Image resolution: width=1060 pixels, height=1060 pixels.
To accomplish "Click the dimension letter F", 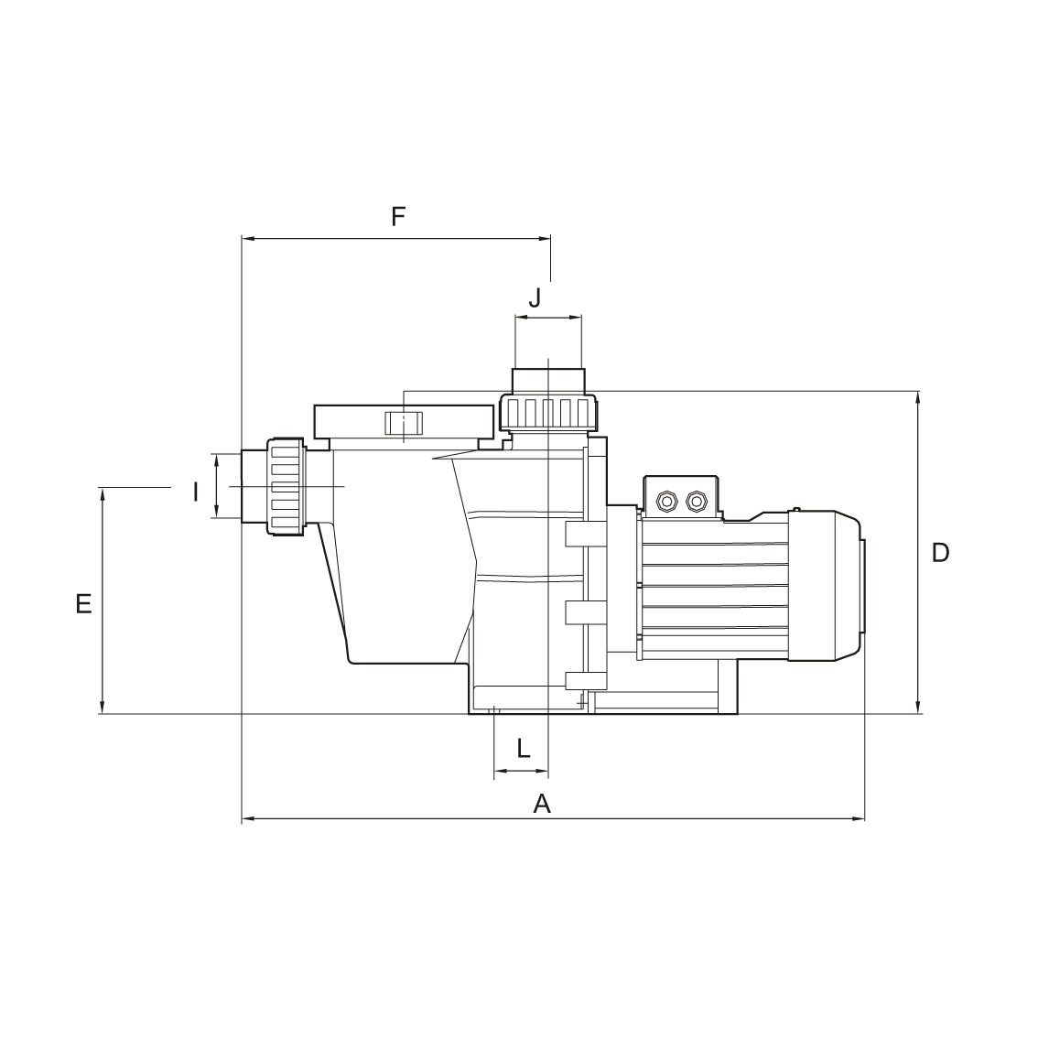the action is coord(398,216).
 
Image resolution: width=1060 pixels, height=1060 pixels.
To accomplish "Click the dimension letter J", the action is coord(535,297).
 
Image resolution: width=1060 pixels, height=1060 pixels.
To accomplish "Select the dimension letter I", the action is coord(195,492).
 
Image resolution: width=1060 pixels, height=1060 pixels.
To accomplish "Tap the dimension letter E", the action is coord(83,603).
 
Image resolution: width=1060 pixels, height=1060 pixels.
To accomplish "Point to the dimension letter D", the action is coord(940,553).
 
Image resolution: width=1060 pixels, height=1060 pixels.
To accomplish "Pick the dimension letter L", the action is coord(524,748).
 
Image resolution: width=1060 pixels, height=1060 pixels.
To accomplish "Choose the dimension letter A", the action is coord(542,804).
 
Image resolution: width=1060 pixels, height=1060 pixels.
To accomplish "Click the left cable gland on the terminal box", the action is coord(666,501).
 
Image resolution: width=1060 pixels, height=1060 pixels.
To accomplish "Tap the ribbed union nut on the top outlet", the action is coord(549,412).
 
